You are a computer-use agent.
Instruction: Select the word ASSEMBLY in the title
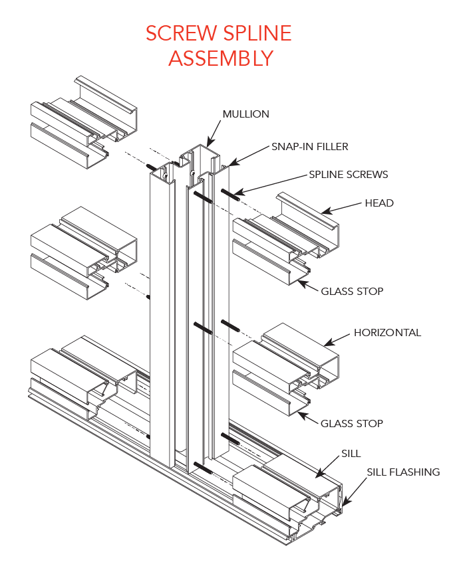(220, 58)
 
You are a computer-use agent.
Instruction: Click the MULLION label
(245, 114)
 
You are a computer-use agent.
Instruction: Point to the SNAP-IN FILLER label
(309, 146)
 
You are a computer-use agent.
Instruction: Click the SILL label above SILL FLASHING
(351, 453)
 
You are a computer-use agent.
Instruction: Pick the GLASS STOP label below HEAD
(352, 291)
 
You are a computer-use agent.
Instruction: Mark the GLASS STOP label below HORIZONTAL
(352, 423)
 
